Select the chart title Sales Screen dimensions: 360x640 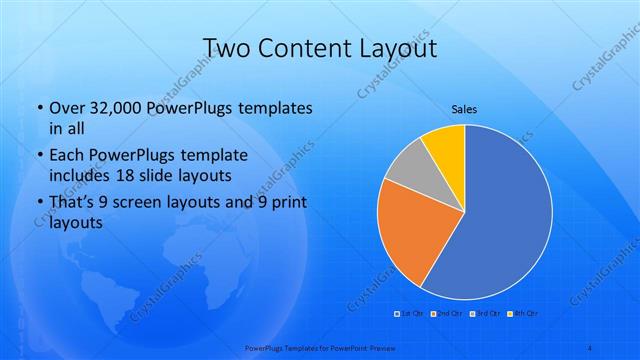pyautogui.click(x=464, y=108)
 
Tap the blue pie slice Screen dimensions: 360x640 pyautogui.click(x=500, y=220)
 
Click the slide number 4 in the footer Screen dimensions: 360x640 pyautogui.click(x=590, y=347)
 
